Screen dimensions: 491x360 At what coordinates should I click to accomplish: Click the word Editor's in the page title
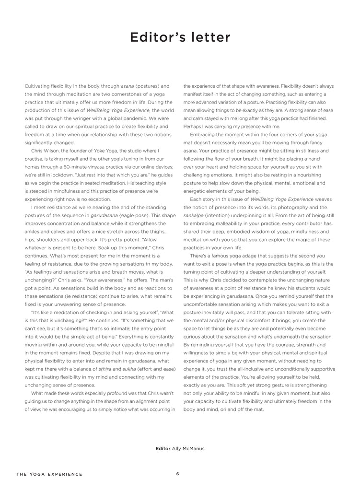tap(155, 38)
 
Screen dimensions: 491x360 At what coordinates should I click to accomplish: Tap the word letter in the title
tap(208, 38)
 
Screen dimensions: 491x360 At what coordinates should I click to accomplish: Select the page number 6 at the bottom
tap(177, 474)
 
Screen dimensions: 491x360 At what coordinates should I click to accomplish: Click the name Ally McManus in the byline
tap(188, 448)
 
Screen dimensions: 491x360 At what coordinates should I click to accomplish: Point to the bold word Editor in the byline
tap(163, 448)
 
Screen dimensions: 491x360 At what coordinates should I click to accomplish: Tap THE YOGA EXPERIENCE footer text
tap(49, 474)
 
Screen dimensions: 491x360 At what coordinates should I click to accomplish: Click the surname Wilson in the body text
tap(53, 151)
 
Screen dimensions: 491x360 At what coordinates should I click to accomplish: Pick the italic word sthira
tap(105, 369)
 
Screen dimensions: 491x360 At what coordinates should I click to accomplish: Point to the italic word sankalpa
tap(194, 215)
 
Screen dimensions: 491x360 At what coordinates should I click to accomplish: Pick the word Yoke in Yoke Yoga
tap(100, 151)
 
